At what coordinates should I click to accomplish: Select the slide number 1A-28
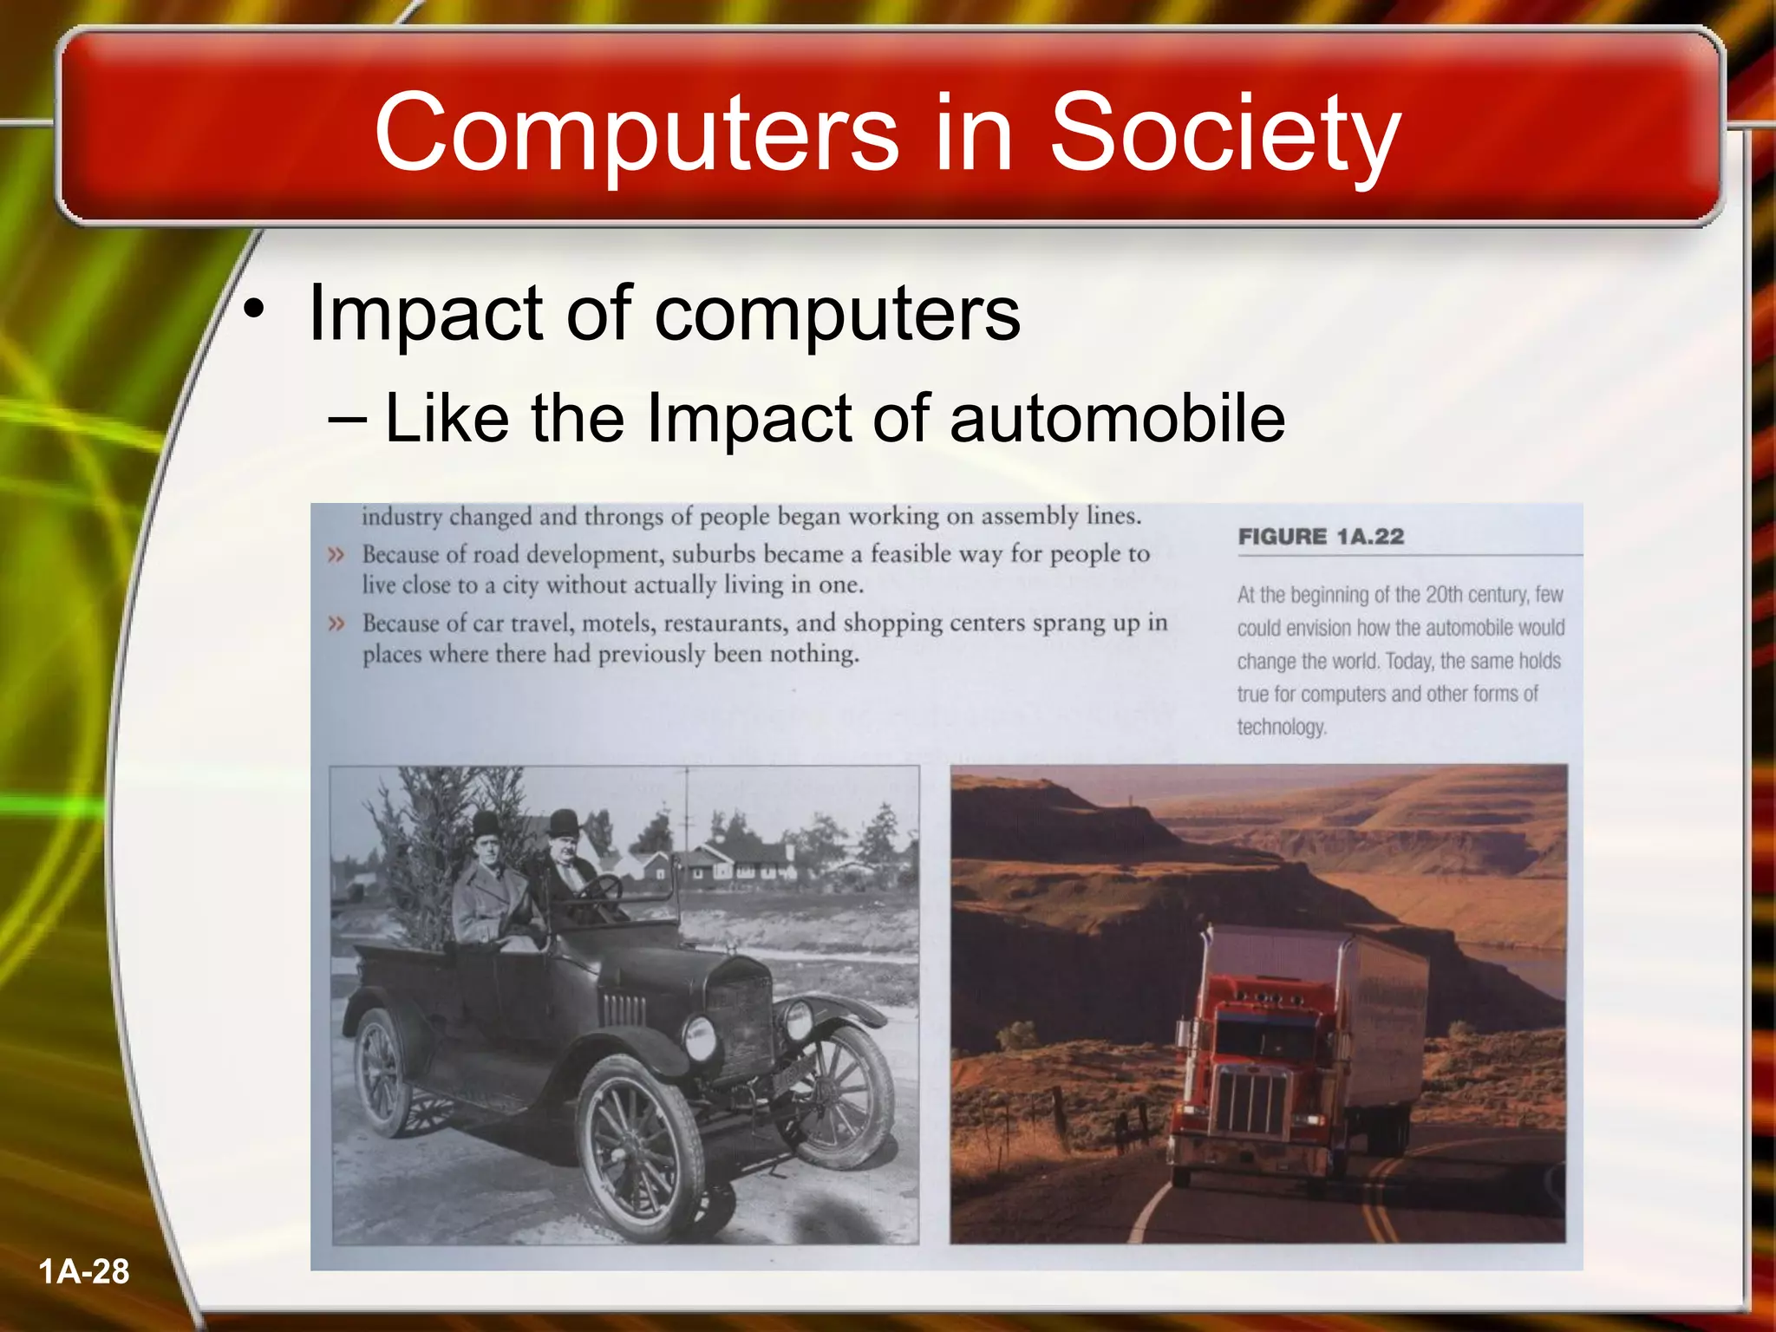tap(84, 1271)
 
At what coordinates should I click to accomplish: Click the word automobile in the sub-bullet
tap(1117, 419)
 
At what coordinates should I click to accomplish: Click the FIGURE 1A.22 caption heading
tap(1321, 537)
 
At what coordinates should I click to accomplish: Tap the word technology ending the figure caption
tap(1281, 727)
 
